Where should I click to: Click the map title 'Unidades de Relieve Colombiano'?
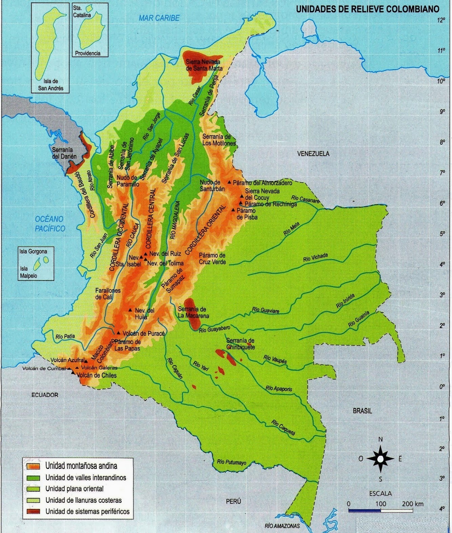point(367,9)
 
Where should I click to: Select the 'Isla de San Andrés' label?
point(50,84)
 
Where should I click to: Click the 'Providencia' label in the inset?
point(88,53)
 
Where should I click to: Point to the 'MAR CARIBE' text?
point(159,18)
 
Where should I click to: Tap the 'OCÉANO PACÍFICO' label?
point(49,224)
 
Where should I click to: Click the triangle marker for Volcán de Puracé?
point(119,333)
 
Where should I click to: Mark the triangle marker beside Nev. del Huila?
point(130,310)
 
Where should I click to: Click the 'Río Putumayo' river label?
point(232,462)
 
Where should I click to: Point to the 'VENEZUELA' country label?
point(313,154)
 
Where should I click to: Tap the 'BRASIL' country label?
point(362,411)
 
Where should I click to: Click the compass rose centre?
point(381,459)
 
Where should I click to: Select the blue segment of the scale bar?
point(364,510)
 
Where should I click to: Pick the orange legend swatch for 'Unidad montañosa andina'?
point(33,466)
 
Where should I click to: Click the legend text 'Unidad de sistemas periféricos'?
point(87,512)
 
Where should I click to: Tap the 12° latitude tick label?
point(441,20)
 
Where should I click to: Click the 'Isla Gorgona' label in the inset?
point(33,251)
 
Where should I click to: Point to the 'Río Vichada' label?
point(315,257)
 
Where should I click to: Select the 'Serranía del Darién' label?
point(64,153)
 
